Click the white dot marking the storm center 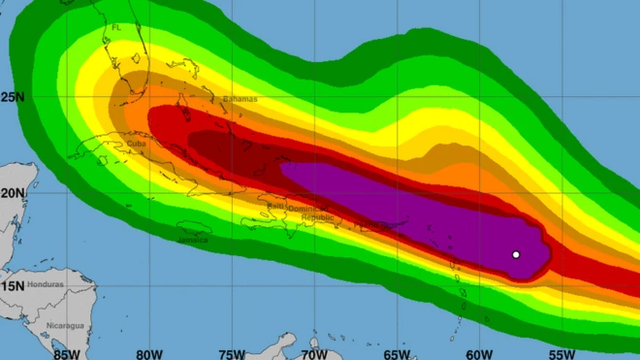tap(516, 255)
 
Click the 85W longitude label tap(66, 353)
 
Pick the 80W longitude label tap(148, 353)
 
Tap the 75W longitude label tap(231, 353)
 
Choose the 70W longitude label tap(313, 353)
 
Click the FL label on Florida tap(116, 28)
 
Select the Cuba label tap(137, 144)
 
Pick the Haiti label tap(275, 206)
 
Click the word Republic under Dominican tap(317, 218)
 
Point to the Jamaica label tap(193, 239)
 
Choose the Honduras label tap(48, 283)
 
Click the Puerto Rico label tap(373, 225)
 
